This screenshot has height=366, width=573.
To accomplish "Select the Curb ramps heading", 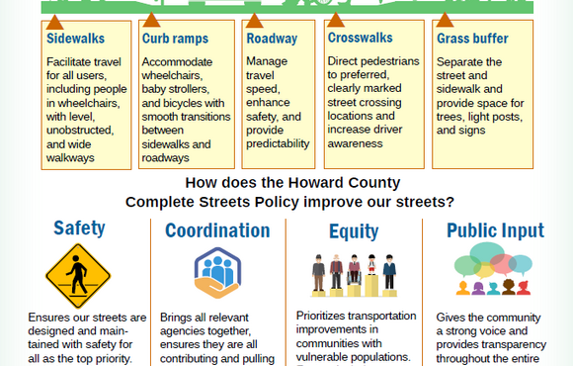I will pyautogui.click(x=174, y=40).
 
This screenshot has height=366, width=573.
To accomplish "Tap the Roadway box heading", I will pyautogui.click(x=271, y=40).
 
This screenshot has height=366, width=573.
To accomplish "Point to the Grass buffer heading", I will pyautogui.click(x=472, y=40).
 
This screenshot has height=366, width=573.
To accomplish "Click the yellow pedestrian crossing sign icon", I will pyautogui.click(x=79, y=276).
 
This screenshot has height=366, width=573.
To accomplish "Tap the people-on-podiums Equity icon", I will pyautogui.click(x=353, y=275).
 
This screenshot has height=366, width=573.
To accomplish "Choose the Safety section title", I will pyautogui.click(x=79, y=229).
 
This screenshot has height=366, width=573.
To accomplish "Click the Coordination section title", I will pyautogui.click(x=217, y=230).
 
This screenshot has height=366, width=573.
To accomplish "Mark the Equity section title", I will pyautogui.click(x=353, y=231).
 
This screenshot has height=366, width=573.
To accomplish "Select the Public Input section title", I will pyautogui.click(x=495, y=230).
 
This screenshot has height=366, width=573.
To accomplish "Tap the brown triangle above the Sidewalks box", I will pyautogui.click(x=53, y=20).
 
